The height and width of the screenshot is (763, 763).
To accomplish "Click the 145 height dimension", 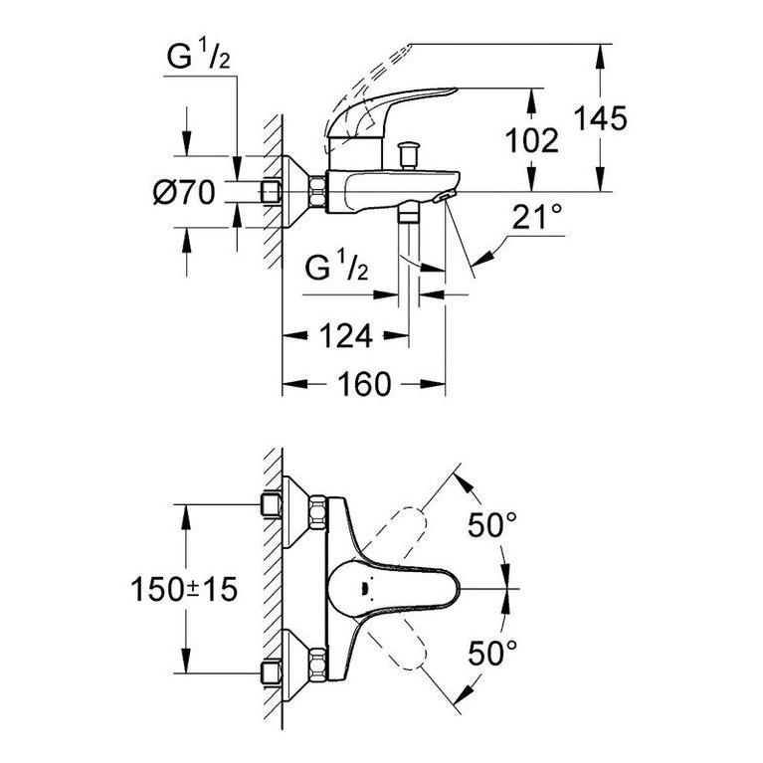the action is point(601,118).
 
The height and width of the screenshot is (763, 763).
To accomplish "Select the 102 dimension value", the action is point(532,141).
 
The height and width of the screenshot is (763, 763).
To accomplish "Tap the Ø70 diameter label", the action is point(184,192).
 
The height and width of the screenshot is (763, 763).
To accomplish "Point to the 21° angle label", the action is point(537,217).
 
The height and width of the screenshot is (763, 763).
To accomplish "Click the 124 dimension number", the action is point(346,336).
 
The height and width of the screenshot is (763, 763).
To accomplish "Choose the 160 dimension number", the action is point(364,384).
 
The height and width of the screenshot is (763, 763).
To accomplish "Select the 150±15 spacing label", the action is point(184,589).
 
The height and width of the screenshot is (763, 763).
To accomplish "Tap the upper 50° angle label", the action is point(492,524).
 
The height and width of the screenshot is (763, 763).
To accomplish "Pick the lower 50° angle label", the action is point(492,653).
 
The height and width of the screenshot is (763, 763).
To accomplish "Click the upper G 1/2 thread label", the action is point(198,57).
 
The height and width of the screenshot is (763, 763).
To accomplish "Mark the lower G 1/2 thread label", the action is point(336,266).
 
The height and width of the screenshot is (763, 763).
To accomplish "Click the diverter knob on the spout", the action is point(408,155).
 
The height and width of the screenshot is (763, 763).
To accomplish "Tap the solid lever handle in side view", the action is point(389,111).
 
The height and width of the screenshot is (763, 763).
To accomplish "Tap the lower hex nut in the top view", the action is point(317,665).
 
